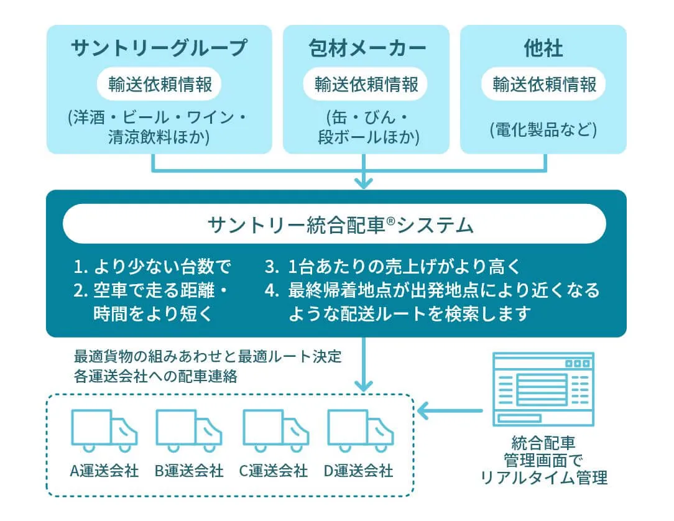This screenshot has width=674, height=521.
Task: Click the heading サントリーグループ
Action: click(159, 48)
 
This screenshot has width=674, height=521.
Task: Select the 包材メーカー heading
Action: click(367, 48)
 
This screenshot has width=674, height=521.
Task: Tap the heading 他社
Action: click(543, 48)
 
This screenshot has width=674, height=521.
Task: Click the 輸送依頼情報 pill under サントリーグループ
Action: click(159, 84)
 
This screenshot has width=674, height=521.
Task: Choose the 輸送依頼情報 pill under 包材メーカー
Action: click(366, 84)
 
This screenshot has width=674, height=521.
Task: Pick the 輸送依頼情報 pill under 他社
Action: click(544, 84)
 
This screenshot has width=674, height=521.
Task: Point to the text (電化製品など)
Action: click(543, 130)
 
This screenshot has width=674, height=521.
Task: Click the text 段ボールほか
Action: click(366, 137)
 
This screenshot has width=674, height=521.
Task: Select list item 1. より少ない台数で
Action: click(152, 267)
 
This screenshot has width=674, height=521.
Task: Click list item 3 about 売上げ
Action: click(392, 267)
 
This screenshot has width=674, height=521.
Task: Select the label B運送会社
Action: click(189, 471)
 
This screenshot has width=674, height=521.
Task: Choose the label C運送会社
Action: click(274, 471)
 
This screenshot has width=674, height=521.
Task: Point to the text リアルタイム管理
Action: click(544, 477)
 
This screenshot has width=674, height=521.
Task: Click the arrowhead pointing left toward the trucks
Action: click(423, 410)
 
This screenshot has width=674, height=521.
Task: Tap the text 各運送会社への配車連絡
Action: click(155, 377)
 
